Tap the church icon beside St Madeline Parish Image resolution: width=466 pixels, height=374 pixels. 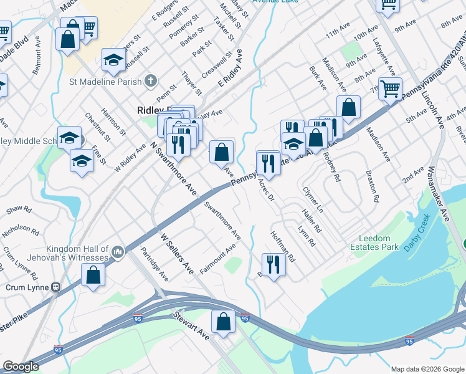coord(150,80)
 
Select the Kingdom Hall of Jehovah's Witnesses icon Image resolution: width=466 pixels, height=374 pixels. coord(117,252)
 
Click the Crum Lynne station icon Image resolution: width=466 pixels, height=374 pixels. coord(56,287)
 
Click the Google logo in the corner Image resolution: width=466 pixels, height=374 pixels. coord(21,367)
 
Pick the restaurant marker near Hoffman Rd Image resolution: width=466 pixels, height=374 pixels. coord(273,264)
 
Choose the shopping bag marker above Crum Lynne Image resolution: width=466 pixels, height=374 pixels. coord(93,276)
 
